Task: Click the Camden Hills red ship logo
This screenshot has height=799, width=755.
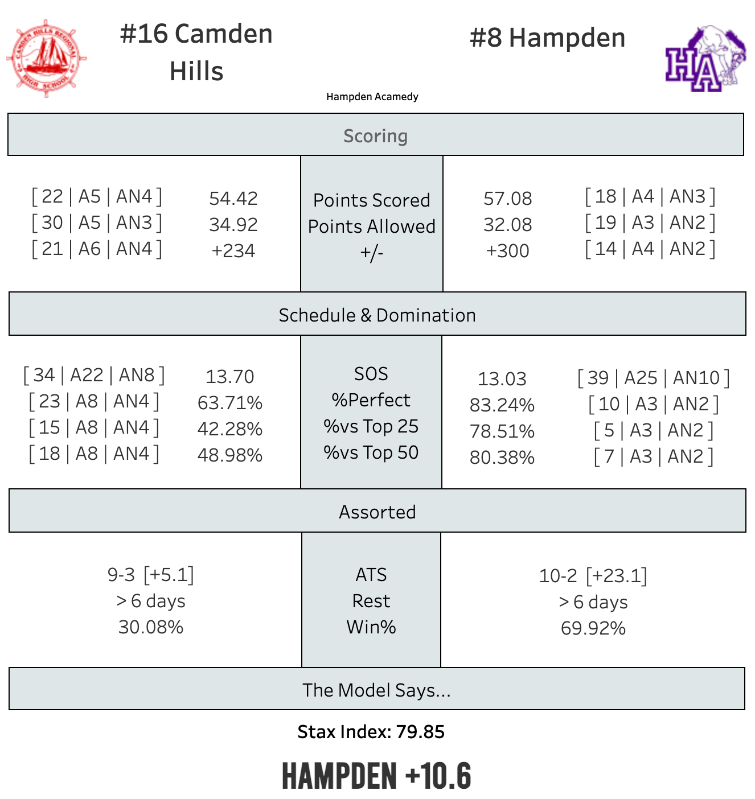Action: click(x=47, y=58)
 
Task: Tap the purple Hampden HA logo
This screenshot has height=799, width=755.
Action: click(x=705, y=59)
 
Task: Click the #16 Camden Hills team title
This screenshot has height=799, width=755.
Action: click(x=196, y=52)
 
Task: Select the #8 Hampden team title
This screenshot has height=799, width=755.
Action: click(x=547, y=38)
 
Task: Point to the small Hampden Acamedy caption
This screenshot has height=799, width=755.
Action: click(x=372, y=97)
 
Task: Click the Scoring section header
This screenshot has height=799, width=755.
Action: click(x=375, y=136)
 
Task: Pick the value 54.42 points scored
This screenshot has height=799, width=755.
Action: click(x=233, y=199)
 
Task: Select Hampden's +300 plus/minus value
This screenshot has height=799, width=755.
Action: click(x=507, y=251)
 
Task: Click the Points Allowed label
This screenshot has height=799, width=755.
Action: click(x=371, y=226)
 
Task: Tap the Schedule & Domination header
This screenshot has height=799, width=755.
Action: click(x=377, y=315)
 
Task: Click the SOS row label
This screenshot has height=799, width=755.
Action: click(x=371, y=374)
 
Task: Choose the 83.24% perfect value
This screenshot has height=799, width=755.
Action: click(x=502, y=405)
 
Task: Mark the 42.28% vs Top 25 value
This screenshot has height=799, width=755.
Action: click(x=229, y=429)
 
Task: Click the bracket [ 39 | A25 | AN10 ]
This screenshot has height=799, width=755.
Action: click(x=653, y=378)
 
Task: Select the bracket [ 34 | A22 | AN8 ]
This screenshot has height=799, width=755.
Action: click(x=94, y=376)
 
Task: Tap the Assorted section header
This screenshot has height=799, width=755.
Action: click(x=377, y=512)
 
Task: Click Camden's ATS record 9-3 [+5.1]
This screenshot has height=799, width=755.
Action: click(x=151, y=575)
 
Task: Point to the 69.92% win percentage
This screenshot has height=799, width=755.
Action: click(x=593, y=628)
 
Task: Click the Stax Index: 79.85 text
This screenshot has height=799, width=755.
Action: click(x=371, y=732)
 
